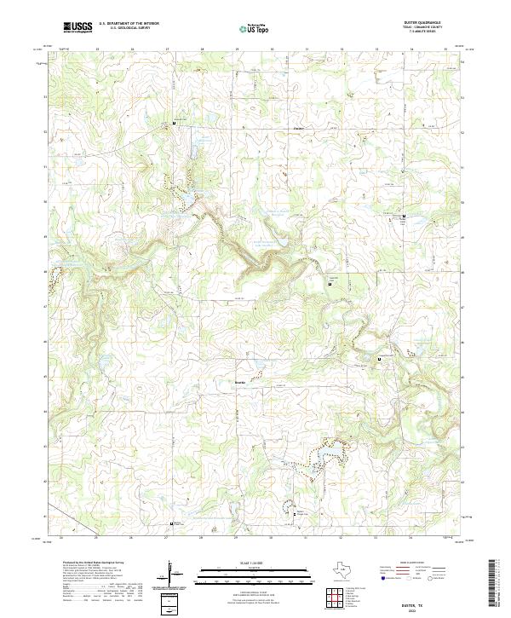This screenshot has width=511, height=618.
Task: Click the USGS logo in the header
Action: coord(78,27)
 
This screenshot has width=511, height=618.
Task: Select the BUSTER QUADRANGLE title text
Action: coord(428,24)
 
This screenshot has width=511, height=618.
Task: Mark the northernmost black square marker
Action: coord(175,125)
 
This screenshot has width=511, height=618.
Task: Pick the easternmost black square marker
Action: coord(403,219)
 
